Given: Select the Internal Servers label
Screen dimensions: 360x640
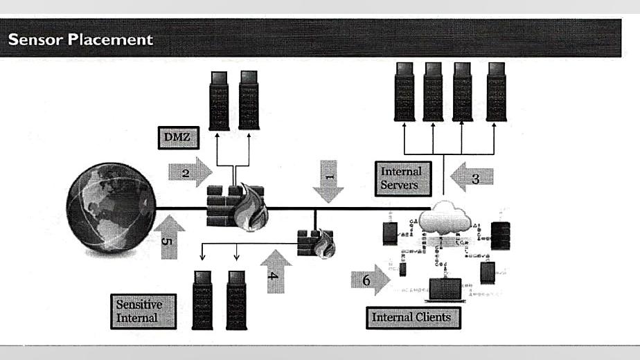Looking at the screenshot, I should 401,177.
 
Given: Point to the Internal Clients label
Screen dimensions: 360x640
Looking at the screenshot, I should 411,317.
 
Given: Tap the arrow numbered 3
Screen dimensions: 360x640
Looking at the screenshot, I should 472,177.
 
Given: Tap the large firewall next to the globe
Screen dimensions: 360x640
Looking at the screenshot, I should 235,206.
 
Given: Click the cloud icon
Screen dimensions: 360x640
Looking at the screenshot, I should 445,219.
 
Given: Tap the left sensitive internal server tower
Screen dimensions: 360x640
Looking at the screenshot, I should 202,299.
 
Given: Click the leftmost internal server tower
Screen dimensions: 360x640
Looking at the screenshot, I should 405,91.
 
